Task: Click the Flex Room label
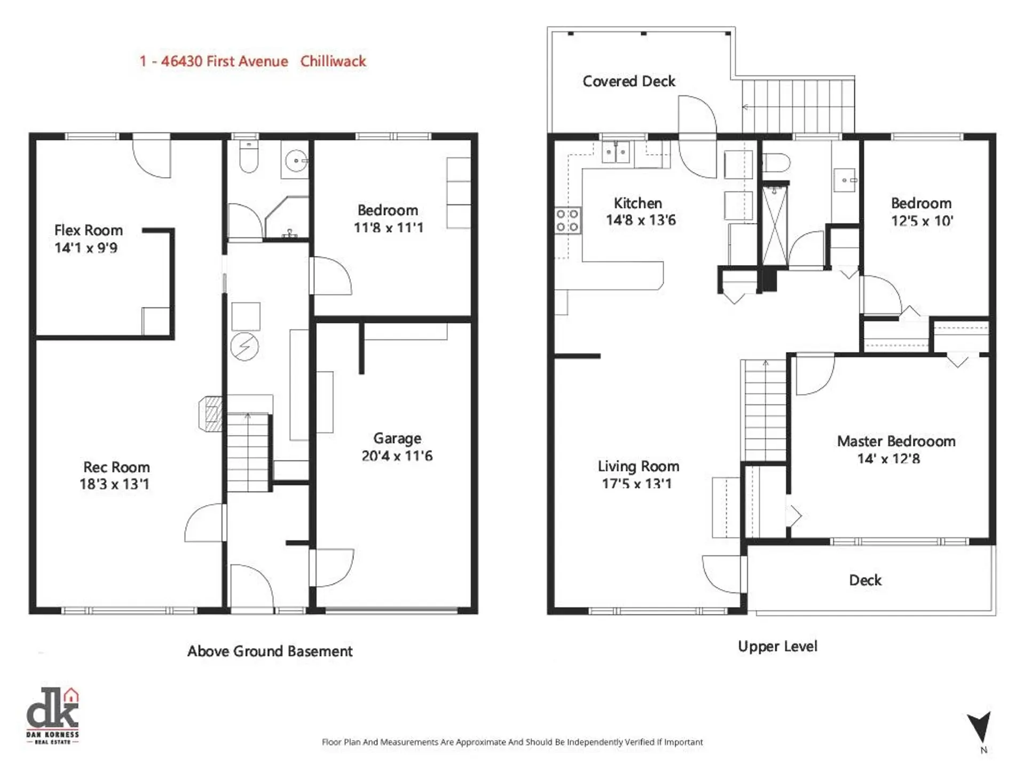[x=89, y=230]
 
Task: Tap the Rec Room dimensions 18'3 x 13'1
[x=114, y=484]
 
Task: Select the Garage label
[x=397, y=438]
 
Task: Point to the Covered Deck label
[x=629, y=81]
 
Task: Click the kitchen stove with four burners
[x=567, y=220]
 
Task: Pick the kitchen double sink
[x=616, y=152]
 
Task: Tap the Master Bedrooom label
[x=896, y=442]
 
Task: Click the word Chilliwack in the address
[x=333, y=61]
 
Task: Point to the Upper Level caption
[x=777, y=646]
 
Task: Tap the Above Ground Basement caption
[x=270, y=651]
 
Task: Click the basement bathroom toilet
[x=249, y=157]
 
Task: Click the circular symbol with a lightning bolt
[x=245, y=347]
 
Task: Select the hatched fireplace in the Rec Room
[x=211, y=413]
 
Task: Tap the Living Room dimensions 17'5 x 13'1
[x=636, y=484]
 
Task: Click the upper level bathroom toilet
[x=776, y=162]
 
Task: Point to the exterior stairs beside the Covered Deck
[x=798, y=106]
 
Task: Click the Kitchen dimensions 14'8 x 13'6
[x=641, y=220]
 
